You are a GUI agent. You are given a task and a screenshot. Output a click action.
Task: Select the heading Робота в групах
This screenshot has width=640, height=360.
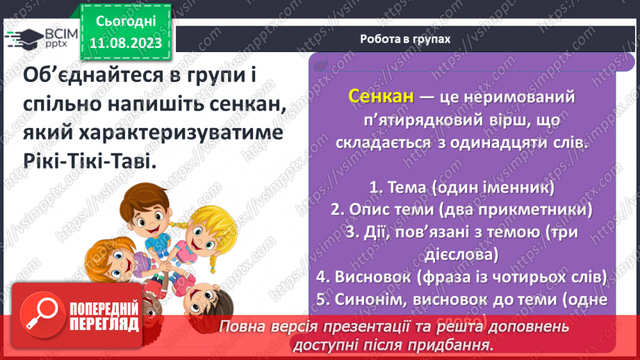(405, 39)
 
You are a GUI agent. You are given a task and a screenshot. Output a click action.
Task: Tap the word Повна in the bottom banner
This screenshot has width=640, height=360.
(240, 327)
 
